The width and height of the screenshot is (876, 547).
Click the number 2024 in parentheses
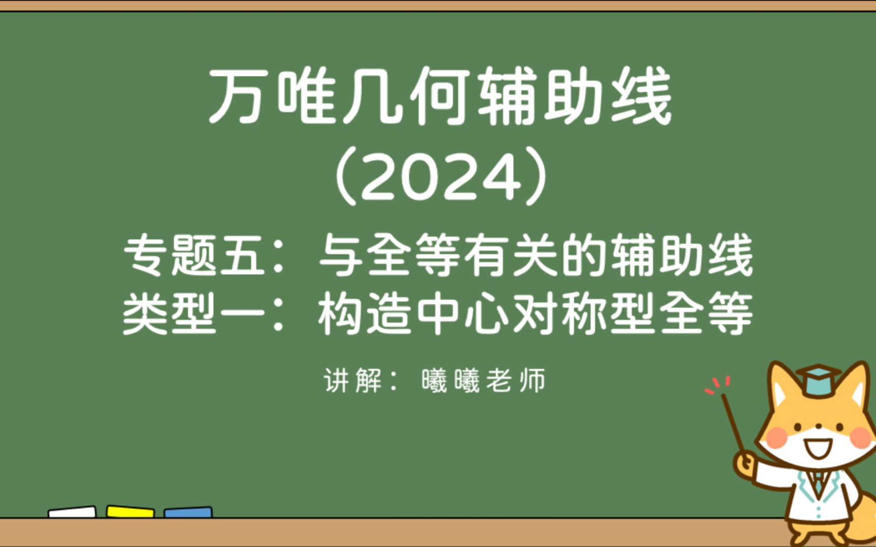pos(441,176)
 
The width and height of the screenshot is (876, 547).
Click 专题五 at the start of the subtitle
pos(195,256)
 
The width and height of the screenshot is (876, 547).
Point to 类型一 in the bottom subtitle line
pos(195,314)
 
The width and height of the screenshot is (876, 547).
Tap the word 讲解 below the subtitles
pos(353,380)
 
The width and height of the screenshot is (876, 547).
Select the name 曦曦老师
pos(483,380)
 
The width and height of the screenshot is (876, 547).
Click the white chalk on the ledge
pos(72,512)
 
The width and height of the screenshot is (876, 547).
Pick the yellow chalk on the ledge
pos(130,511)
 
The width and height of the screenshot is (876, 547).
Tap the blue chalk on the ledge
pos(188,512)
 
